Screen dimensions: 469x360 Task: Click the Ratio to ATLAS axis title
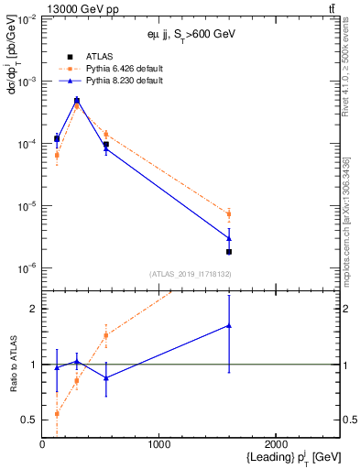pyautogui.click(x=16, y=364)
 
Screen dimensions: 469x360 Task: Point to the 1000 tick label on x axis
pyautogui.click(x=158, y=444)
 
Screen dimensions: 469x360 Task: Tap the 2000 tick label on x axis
pyautogui.click(x=276, y=444)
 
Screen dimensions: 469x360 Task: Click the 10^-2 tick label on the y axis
pyautogui.click(x=26, y=19)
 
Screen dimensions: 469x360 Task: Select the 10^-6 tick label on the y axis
pyautogui.click(x=26, y=268)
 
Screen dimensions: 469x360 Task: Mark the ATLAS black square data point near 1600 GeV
pyautogui.click(x=228, y=251)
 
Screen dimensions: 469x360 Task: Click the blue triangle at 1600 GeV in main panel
pyautogui.click(x=228, y=238)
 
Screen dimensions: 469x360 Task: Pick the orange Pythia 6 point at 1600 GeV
pyautogui.click(x=228, y=214)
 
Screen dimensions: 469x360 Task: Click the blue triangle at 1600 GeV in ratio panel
pyautogui.click(x=228, y=325)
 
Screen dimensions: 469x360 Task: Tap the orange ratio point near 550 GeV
pyautogui.click(x=106, y=335)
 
